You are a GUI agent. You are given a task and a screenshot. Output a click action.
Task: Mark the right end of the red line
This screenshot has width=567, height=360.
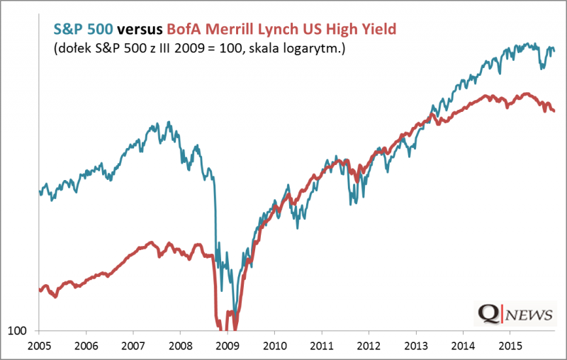point(554,110)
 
